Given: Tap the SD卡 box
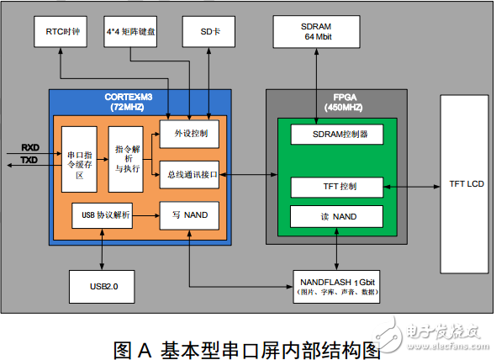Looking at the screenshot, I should pos(208,31).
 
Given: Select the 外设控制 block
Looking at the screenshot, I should pos(189,133).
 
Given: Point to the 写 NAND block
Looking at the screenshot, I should pos(189,215).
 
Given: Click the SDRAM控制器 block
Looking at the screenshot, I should pos(335,134).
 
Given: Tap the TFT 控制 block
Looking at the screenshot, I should pos(335,186).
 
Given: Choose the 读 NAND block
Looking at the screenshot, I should pos(335,216).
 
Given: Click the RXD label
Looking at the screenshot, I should pos(29,147).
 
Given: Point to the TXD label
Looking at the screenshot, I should pos(29,159).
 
